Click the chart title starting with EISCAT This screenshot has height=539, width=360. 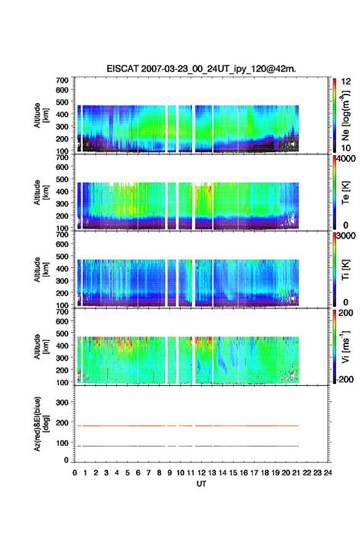[x=201, y=69]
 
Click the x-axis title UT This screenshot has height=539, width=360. [x=201, y=484]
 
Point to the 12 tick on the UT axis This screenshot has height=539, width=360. [x=202, y=473]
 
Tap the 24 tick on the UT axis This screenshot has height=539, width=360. [x=327, y=473]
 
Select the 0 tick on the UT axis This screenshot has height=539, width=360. [x=75, y=473]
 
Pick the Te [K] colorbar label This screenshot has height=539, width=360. [x=345, y=193]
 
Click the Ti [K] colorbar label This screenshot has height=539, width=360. [x=345, y=270]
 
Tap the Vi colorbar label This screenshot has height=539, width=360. [x=345, y=346]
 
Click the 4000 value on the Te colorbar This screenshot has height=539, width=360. [x=346, y=159]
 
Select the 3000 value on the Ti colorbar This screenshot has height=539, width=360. [x=346, y=236]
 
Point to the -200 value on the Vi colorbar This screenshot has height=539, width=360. [x=345, y=379]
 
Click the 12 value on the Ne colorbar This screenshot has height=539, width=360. [x=346, y=82]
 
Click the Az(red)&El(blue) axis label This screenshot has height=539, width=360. [x=41, y=424]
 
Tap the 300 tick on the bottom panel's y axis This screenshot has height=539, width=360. [x=62, y=402]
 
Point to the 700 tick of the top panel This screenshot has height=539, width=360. [x=62, y=80]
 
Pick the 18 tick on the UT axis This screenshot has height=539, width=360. [x=265, y=473]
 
